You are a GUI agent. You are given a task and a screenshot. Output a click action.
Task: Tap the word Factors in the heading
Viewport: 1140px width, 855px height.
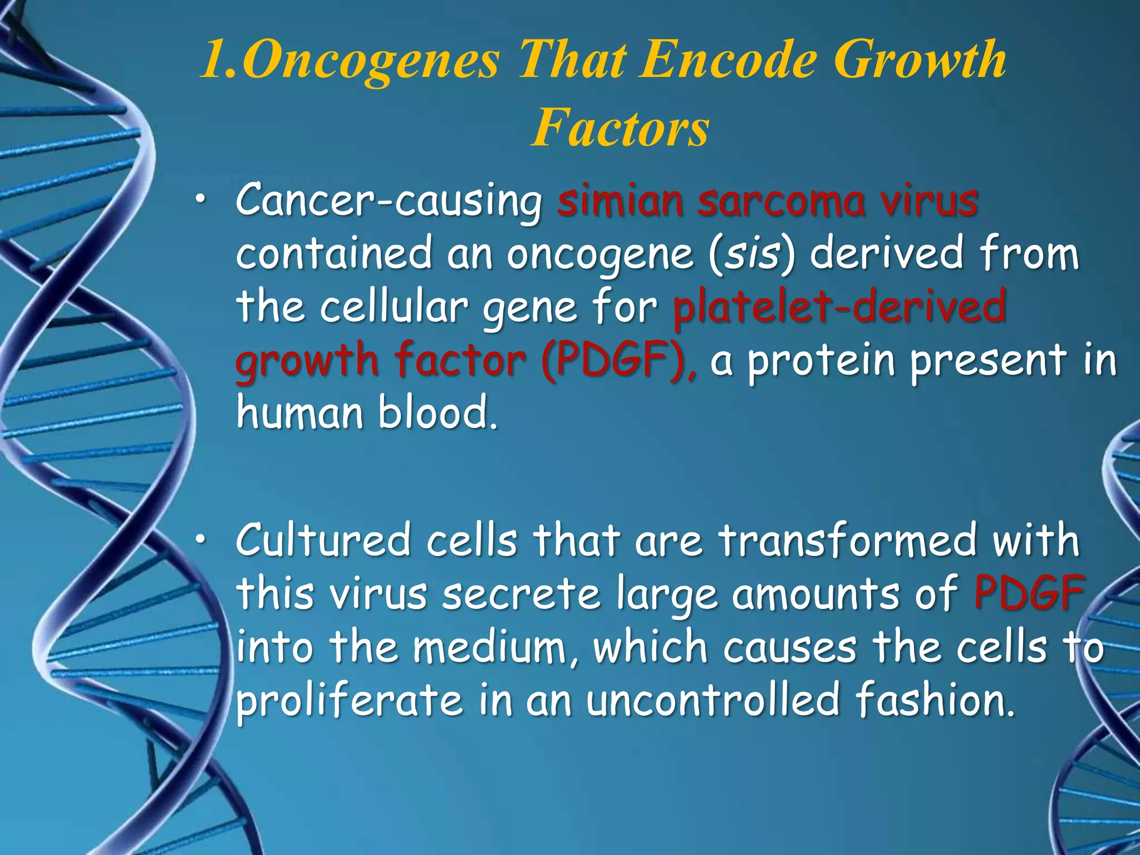[x=620, y=128]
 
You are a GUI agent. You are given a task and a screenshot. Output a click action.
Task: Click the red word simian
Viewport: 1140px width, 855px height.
[x=620, y=202]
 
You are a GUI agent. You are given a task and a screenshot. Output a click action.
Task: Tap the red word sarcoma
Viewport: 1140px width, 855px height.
[x=782, y=202]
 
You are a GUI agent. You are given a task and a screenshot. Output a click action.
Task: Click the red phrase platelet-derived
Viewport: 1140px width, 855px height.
[x=839, y=307]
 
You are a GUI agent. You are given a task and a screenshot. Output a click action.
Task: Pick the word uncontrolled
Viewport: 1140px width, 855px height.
[x=712, y=700]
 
